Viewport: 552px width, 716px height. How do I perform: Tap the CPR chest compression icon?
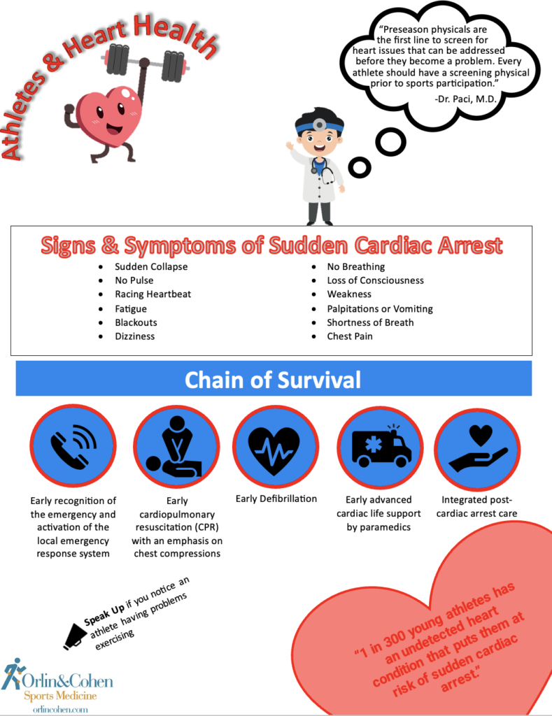pyautogui.click(x=174, y=448)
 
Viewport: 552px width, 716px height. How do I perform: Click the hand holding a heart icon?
pyautogui.click(x=478, y=449)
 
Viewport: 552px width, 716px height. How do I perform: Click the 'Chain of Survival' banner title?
pyautogui.click(x=273, y=380)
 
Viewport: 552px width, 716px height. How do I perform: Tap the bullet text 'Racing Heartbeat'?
pyautogui.click(x=153, y=294)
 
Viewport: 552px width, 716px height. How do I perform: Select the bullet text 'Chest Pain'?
pyautogui.click(x=350, y=336)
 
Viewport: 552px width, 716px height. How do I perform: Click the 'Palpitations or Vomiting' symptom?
pyautogui.click(x=380, y=308)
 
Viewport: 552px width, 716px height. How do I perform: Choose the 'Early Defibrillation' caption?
pyautogui.click(x=276, y=499)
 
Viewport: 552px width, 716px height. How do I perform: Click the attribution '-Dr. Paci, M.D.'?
pyautogui.click(x=465, y=99)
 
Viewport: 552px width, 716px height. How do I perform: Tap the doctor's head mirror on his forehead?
pyautogui.click(x=319, y=124)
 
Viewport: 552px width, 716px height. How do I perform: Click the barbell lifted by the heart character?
pyautogui.click(x=146, y=63)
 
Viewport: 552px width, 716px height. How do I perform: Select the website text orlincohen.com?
pyautogui.click(x=60, y=710)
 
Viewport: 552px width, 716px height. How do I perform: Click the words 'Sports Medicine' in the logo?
pyautogui.click(x=60, y=696)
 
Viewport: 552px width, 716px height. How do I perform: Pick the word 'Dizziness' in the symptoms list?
pyautogui.click(x=135, y=336)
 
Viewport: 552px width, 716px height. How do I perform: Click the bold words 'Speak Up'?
pyautogui.click(x=104, y=615)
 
